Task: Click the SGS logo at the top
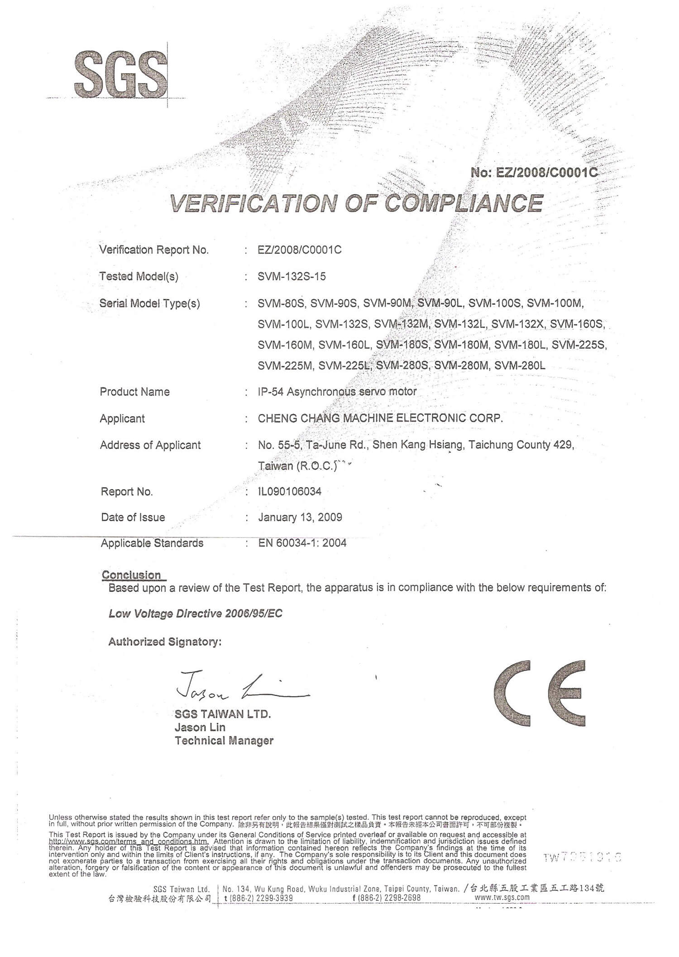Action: coord(121,74)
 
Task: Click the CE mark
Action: coord(539,693)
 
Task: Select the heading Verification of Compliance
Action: coord(356,204)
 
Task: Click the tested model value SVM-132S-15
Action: coord(292,276)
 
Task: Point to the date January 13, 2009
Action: coord(300,517)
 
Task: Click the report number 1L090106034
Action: coord(290,491)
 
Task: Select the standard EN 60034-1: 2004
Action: coord(302,543)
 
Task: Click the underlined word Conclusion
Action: coord(131,575)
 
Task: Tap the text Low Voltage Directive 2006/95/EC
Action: coord(195,614)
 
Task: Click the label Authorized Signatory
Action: coord(165,642)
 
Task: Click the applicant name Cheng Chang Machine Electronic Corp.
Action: coord(380,418)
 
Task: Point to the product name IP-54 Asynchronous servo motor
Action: coord(337,392)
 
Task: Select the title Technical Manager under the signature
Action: coord(224,741)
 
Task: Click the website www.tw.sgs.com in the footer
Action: coord(502,897)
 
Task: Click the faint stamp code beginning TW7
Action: coord(582,857)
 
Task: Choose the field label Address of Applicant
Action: coord(150,445)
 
